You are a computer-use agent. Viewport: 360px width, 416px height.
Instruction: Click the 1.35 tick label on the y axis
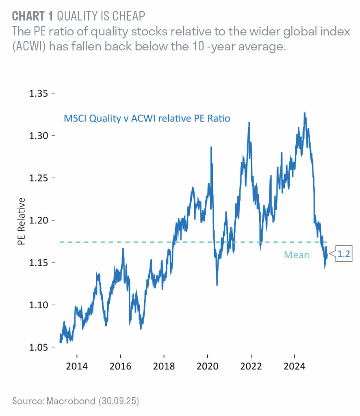39,93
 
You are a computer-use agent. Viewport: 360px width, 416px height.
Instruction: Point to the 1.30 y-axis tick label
39,136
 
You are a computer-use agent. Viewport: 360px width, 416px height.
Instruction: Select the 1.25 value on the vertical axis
39,178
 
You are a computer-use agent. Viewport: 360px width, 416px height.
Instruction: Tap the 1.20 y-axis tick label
39,220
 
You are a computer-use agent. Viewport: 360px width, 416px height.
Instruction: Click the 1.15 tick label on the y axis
39,263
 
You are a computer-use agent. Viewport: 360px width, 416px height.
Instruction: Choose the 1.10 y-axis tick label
39,305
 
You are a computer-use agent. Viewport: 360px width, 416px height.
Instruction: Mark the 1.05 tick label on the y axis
39,347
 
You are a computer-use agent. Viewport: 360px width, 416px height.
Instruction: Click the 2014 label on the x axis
76,366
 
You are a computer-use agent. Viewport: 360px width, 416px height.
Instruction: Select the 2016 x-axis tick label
120,366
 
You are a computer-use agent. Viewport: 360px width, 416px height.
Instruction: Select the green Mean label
296,255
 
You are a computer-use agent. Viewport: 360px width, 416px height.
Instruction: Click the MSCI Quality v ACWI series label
147,119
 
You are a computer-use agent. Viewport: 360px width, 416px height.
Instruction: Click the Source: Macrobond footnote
76,401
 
